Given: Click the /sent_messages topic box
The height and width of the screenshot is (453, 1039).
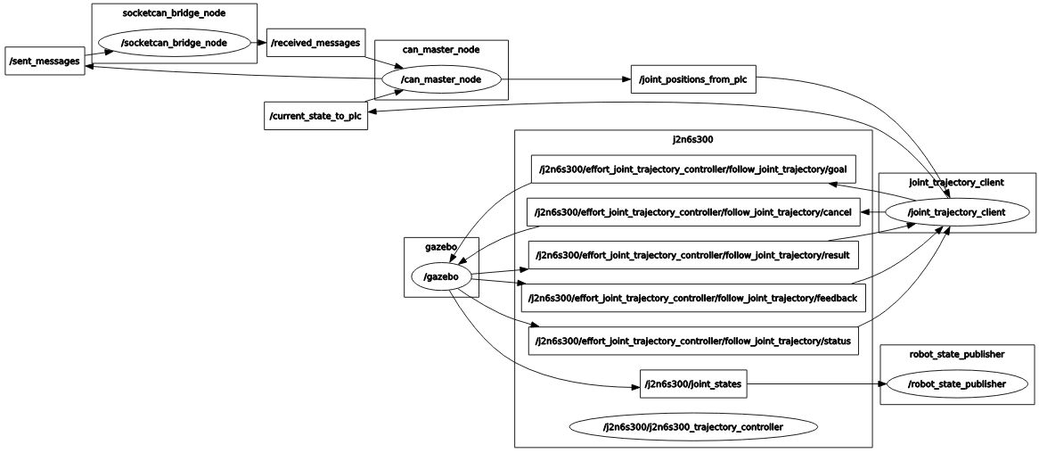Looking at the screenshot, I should pos(45,62).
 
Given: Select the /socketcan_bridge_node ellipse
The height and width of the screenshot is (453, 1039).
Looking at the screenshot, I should pos(174,43).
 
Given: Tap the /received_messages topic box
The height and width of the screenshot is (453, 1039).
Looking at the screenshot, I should pos(316,43).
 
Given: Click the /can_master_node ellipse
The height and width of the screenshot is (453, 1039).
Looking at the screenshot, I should pos(440,79).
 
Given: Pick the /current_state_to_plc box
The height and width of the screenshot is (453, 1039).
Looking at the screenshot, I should pos(316,116).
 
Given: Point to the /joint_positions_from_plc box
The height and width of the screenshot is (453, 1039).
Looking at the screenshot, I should pos(692,79).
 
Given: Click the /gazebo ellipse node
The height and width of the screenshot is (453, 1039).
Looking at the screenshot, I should pos(441,277).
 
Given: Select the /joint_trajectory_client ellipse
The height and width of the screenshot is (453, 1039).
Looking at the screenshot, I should pos(956,212).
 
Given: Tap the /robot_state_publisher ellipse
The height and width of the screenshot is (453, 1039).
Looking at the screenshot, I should pos(957,383).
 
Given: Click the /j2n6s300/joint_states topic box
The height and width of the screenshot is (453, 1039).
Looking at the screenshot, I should pos(692,384).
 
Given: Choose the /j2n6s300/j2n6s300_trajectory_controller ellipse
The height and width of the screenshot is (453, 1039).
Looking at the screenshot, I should pos(692,427).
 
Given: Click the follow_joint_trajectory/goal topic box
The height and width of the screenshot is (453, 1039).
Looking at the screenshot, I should pos(692,169).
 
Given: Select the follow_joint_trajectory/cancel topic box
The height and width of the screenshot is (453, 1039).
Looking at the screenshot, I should pos(692,212).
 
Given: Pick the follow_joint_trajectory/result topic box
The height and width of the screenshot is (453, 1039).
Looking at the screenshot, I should pos(692,255).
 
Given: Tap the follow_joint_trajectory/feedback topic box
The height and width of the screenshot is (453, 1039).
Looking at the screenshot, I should pos(692,298).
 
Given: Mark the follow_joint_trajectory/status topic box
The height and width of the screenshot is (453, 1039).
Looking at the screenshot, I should pos(692,341).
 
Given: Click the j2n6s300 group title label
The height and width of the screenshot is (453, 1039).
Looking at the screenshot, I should pos(692,139).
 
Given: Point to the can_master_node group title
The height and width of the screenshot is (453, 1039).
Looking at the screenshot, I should pos(440,50).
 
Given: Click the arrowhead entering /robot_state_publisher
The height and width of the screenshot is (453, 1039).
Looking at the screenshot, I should pos(883,384).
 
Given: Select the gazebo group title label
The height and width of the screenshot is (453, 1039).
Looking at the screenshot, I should pos(441,247).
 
